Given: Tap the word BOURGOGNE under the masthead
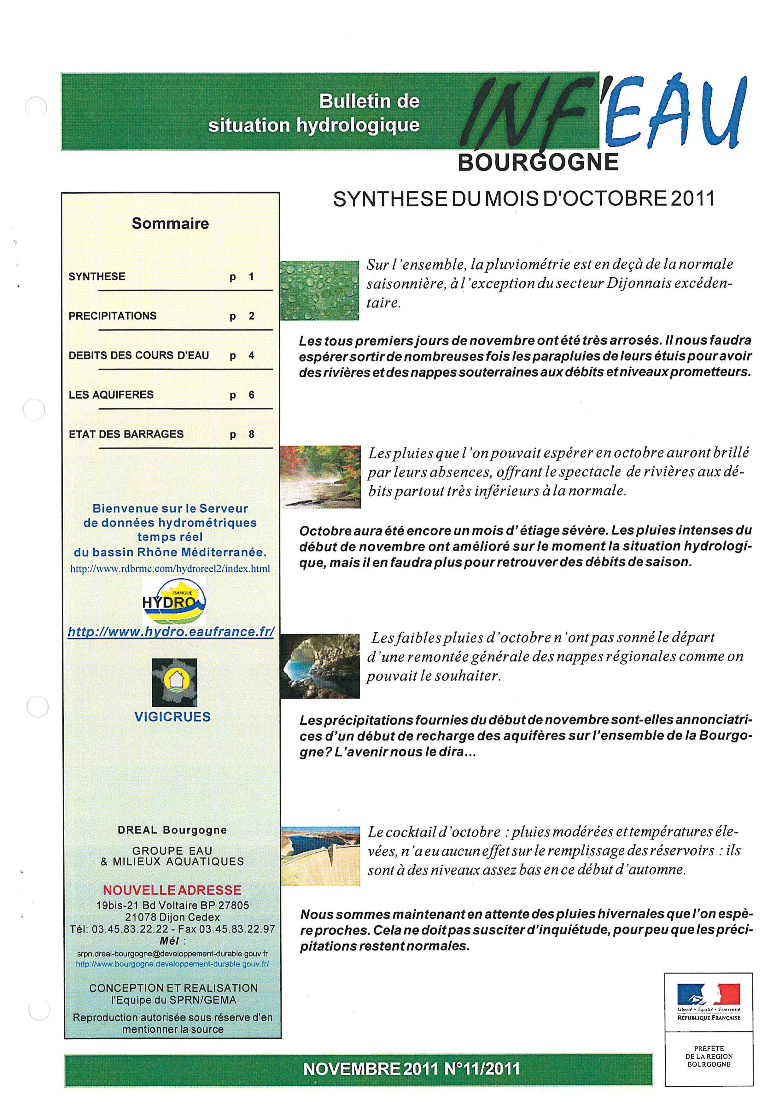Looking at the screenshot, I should pos(538,162).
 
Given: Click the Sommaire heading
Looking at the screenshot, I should pos(171,224).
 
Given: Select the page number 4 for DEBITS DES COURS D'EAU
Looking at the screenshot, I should pos(251,355).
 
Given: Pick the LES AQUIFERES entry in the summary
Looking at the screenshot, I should pos(111,395).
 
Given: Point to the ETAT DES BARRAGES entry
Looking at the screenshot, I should pos(126,434).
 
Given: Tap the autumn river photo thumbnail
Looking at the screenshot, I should pos(321,477).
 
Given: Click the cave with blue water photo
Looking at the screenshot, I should pos(320,666).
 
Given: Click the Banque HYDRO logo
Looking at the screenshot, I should pos(174,601).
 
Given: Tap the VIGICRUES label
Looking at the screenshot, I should pos(172,717).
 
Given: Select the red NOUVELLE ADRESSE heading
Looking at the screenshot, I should pos(172,890).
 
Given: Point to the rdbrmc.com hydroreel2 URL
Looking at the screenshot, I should pos(171,568).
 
